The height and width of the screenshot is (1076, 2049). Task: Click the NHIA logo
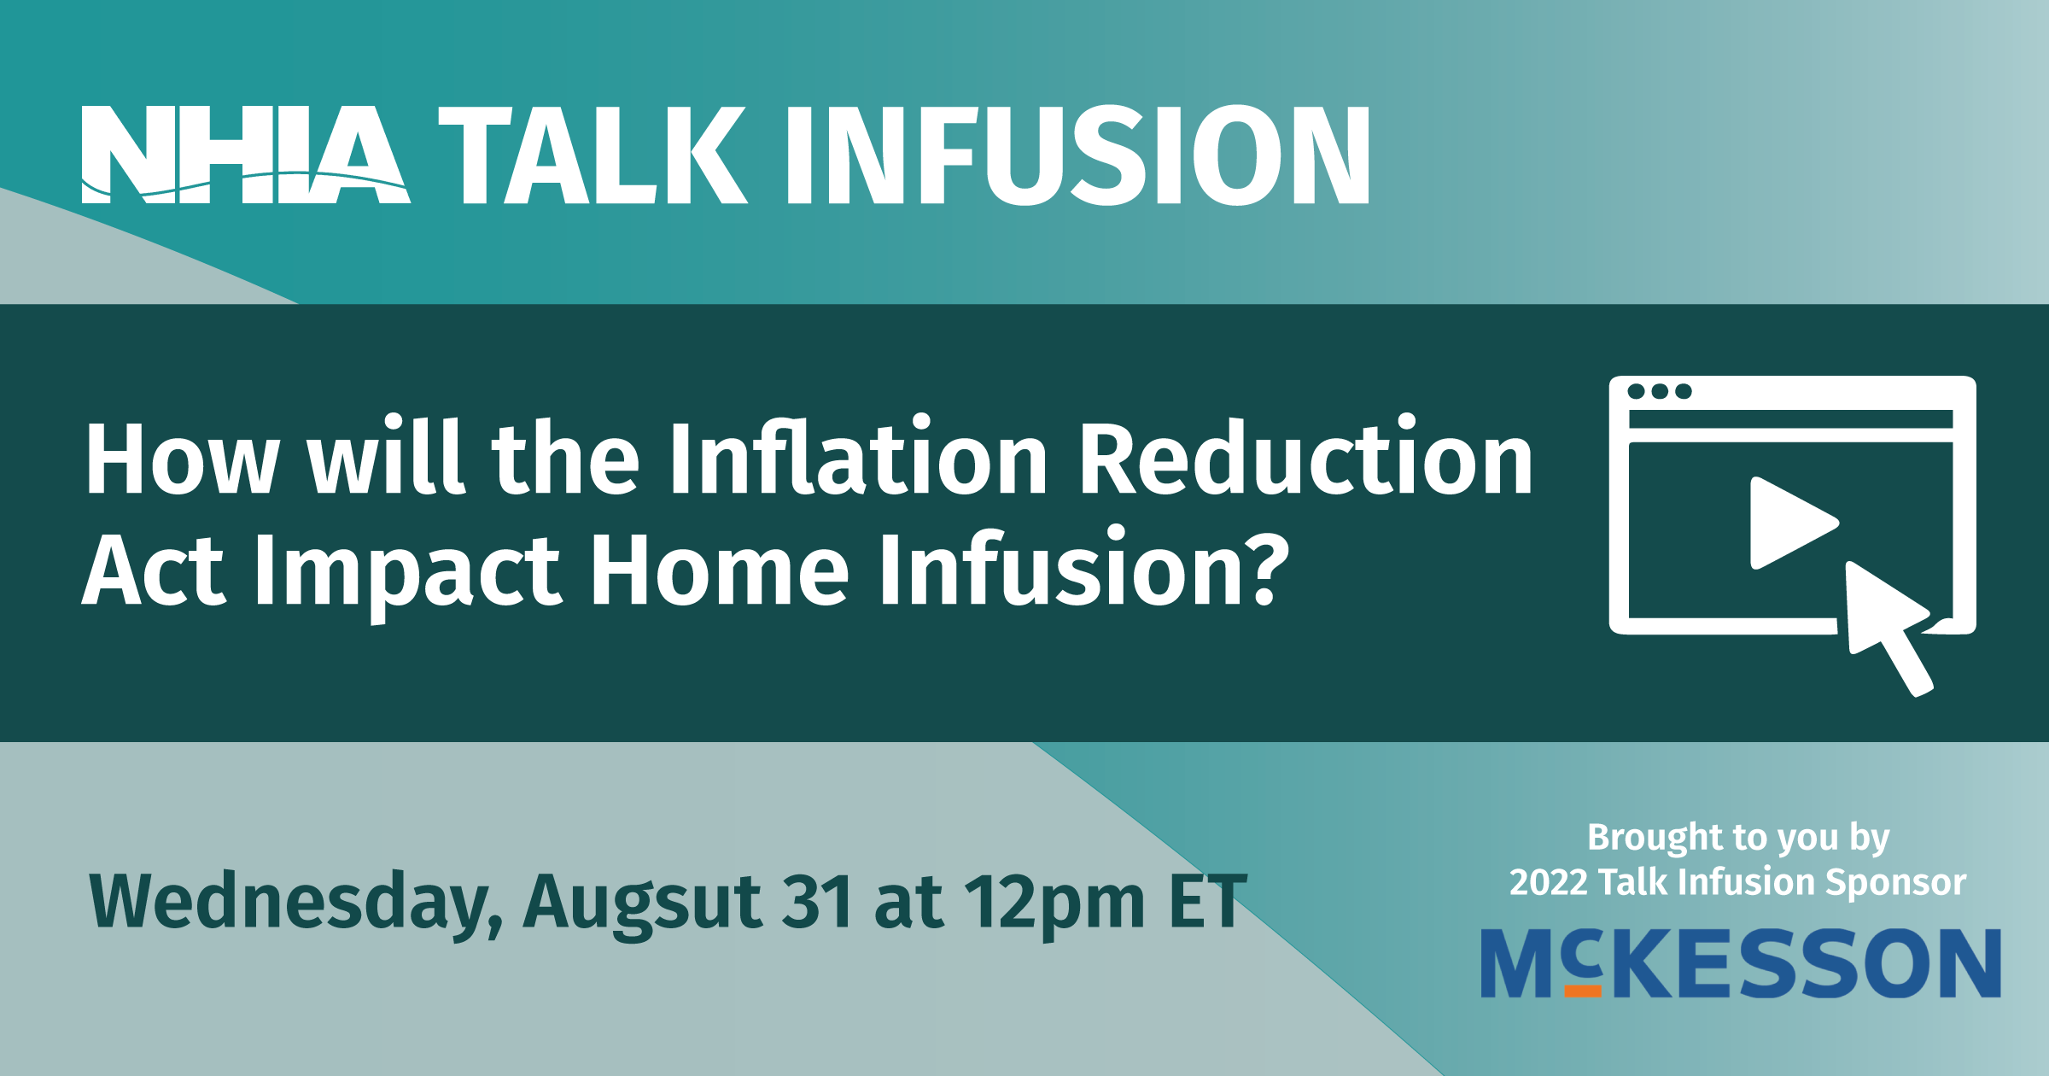tap(246, 155)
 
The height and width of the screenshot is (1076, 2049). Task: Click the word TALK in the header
tap(593, 155)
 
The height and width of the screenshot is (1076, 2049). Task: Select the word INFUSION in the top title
tap(1077, 155)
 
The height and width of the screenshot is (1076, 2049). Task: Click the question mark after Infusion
tap(1263, 567)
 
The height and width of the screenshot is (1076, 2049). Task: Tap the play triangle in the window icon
tap(1793, 523)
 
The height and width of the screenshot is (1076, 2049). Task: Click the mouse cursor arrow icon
tap(1888, 625)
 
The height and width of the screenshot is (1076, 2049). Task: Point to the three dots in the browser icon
tap(1660, 391)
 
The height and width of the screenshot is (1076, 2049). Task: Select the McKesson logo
tap(1741, 963)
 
